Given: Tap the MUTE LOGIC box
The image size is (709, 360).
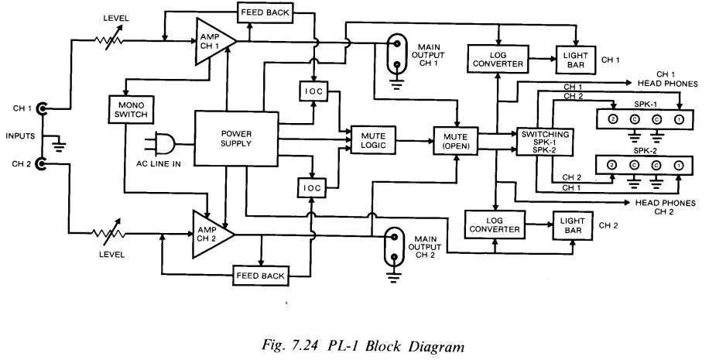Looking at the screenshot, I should (x=373, y=139).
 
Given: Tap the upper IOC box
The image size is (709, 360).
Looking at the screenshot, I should (x=313, y=91).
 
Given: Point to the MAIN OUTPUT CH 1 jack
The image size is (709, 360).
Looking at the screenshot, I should (x=396, y=52).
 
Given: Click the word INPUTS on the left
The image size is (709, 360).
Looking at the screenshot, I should (x=19, y=136).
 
